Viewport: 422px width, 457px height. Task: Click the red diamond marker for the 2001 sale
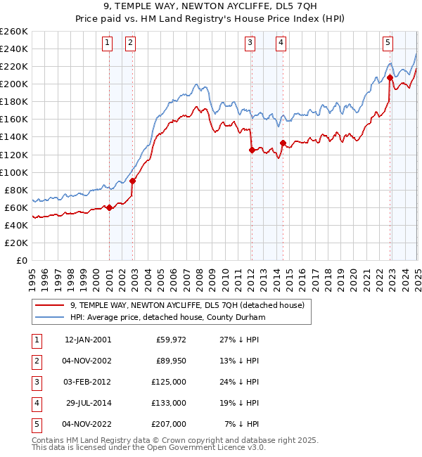tap(110, 207)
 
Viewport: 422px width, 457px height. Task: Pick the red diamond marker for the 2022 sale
tap(390, 78)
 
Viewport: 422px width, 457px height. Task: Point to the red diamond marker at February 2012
tap(251, 150)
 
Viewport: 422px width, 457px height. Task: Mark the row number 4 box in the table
tap(34, 403)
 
